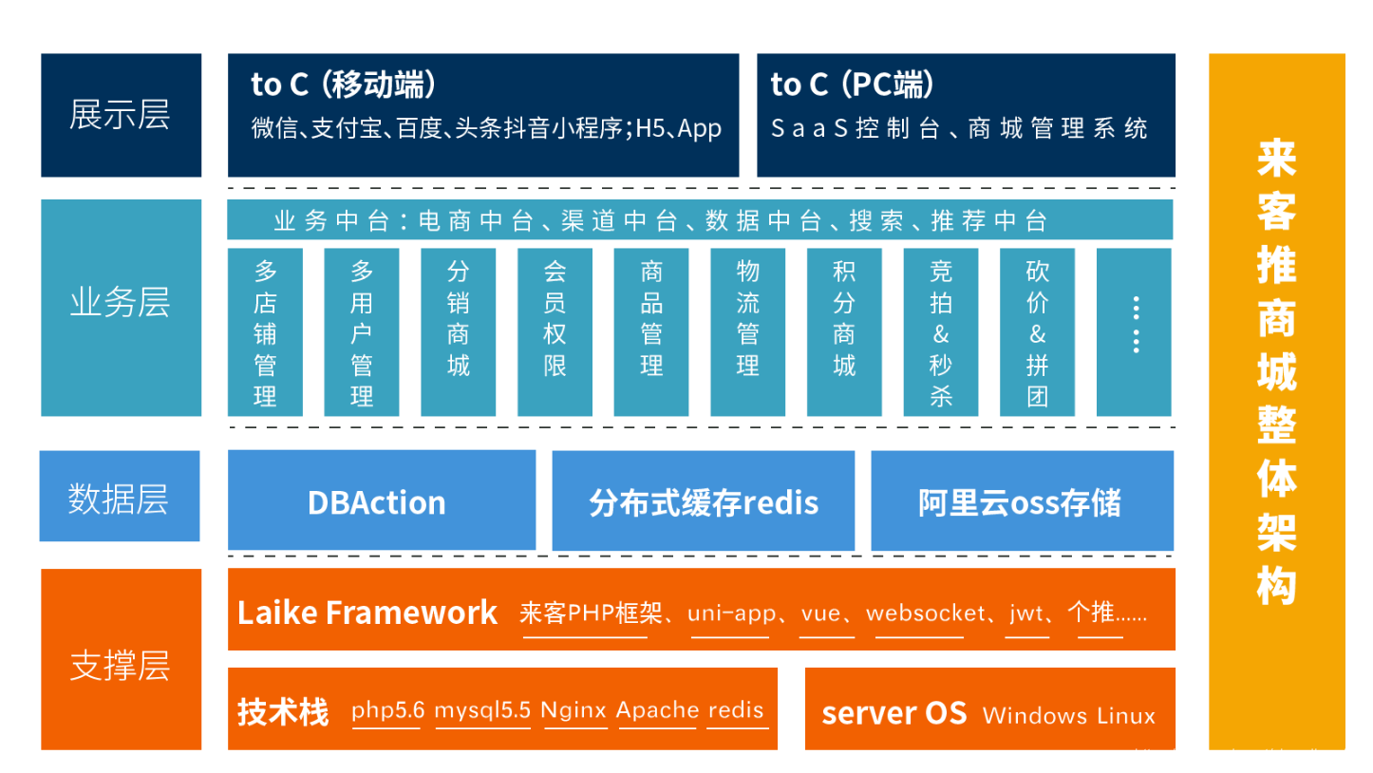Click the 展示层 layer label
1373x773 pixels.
click(121, 115)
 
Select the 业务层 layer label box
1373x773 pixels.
click(121, 307)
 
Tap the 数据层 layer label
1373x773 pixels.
click(119, 497)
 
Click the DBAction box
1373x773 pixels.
click(381, 500)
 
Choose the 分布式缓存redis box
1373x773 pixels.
click(703, 500)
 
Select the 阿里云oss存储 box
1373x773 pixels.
click(1022, 500)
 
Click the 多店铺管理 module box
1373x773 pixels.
click(265, 332)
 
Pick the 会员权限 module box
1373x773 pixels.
click(555, 332)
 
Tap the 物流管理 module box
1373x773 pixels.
click(748, 332)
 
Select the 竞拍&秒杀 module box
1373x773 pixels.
click(941, 332)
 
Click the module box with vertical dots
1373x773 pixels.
click(1135, 332)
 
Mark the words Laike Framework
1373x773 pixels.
click(367, 613)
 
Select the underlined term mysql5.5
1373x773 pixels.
click(482, 710)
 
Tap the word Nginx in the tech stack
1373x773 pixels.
click(574, 710)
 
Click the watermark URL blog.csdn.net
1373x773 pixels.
click(1249, 756)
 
